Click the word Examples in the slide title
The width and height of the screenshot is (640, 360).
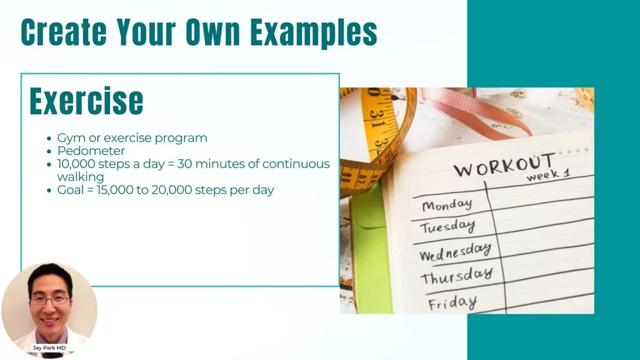click(x=314, y=32)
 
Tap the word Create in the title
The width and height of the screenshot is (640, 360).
click(x=64, y=32)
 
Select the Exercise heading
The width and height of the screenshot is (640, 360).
click(x=86, y=101)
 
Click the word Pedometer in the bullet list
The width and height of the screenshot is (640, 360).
click(x=91, y=151)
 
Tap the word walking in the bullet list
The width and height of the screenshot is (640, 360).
click(x=81, y=177)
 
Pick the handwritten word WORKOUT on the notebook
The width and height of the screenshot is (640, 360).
click(x=504, y=165)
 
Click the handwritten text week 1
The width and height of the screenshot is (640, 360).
click(x=547, y=175)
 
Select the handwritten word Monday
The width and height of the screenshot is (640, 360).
click(x=447, y=205)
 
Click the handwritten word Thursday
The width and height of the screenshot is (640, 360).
click(x=457, y=276)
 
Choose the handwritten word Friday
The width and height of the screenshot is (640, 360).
click(x=452, y=303)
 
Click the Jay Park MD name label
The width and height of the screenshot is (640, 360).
click(x=49, y=347)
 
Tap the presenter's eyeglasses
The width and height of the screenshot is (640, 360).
click(x=50, y=301)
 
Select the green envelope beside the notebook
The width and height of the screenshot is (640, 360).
click(x=371, y=249)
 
